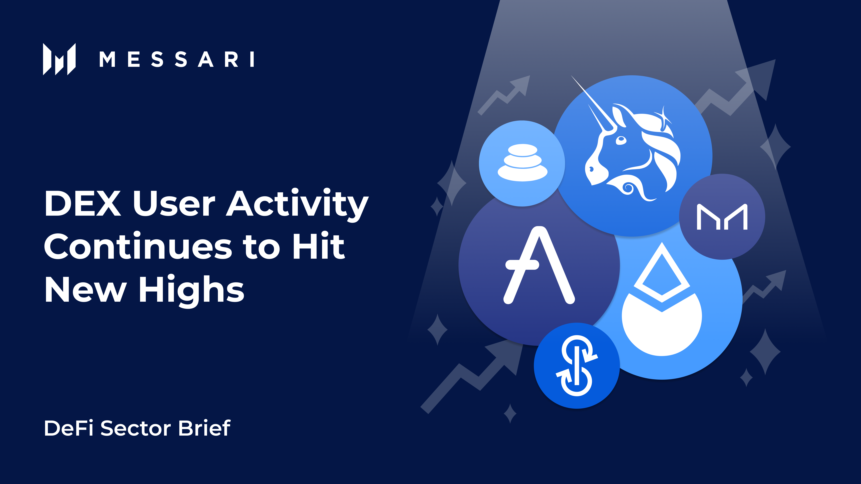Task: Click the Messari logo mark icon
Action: click(x=59, y=59)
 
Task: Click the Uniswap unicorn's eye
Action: click(x=621, y=140)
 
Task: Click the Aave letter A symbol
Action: click(x=539, y=266)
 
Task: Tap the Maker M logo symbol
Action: click(x=722, y=217)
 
